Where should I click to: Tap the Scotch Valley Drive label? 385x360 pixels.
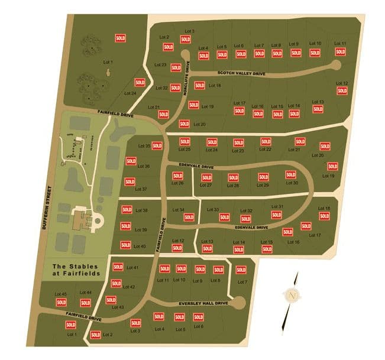tap(241, 74)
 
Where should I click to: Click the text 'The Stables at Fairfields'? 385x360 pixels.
tap(75, 271)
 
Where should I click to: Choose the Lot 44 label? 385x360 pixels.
tap(85, 293)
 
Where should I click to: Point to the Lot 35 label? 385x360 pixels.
tap(144, 146)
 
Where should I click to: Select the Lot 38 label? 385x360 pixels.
tap(141, 210)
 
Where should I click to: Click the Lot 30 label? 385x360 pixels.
tap(292, 183)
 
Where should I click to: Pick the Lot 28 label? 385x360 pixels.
tap(232, 186)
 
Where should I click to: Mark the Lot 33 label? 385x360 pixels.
tap(212, 210)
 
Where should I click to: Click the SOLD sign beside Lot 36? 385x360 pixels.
tap(131, 161)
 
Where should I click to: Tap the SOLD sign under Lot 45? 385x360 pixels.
tap(61, 302)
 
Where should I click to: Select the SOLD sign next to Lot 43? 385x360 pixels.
tap(110, 300)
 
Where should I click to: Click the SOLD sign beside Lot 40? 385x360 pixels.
tap(125, 245)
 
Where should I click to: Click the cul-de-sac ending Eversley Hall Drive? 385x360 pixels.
tap(238, 303)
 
